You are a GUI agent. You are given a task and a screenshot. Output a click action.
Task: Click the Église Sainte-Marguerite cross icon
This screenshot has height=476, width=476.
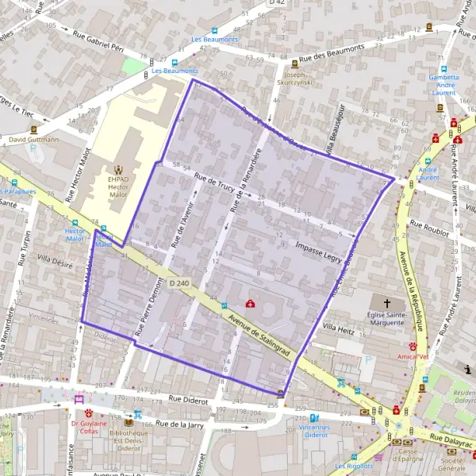click(388, 304)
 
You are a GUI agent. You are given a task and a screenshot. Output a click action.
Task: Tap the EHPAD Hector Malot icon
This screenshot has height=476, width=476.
click(119, 169)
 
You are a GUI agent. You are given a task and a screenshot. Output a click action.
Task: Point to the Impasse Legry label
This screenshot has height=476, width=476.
click(319, 250)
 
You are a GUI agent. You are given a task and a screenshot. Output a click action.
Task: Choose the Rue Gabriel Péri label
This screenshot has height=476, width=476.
click(98, 39)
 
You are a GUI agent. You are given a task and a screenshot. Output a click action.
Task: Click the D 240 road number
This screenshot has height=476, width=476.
click(178, 283)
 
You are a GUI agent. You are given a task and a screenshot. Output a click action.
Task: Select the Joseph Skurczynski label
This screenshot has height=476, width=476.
click(294, 77)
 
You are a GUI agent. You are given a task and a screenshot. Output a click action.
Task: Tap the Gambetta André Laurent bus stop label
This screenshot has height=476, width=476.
click(443, 85)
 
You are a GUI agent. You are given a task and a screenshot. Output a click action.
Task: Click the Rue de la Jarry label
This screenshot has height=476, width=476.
click(180, 425)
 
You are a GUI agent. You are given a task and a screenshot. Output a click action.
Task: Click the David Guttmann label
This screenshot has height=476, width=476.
click(33, 140)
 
